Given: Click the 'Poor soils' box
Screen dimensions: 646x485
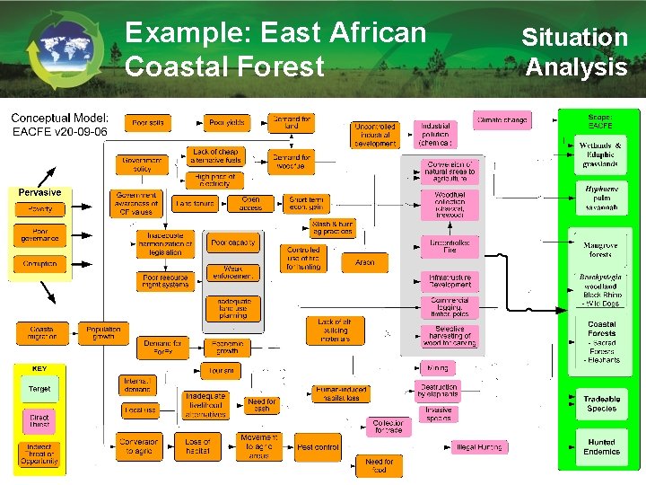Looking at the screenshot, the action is (149, 122).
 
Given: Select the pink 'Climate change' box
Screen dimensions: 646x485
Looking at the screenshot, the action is (502, 119).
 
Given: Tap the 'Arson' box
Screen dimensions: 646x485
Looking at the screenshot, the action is (364, 262).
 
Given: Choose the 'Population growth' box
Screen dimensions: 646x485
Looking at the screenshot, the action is (103, 334).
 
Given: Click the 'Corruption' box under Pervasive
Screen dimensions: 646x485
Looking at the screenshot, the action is (39, 264).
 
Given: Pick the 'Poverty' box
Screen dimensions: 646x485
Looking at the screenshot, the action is (39, 208).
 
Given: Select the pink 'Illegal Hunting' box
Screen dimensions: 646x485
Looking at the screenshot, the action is (478, 446).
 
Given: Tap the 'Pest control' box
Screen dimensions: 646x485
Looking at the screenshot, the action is (318, 446).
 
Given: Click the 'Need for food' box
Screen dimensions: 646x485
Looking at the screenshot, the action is (380, 465).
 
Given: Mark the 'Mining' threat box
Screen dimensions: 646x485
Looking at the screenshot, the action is (438, 367).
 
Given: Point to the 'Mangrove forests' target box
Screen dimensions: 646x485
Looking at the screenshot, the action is (600, 250).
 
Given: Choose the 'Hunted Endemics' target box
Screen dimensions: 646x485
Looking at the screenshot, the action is (601, 446).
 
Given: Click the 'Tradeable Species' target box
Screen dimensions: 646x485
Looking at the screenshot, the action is (601, 403).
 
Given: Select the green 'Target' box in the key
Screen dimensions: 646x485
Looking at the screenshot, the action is (39, 389).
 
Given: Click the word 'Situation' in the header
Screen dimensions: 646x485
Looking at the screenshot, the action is (574, 38).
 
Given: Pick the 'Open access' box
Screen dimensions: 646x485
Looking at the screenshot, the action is (250, 204).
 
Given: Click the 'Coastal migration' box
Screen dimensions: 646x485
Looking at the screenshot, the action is (41, 334).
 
